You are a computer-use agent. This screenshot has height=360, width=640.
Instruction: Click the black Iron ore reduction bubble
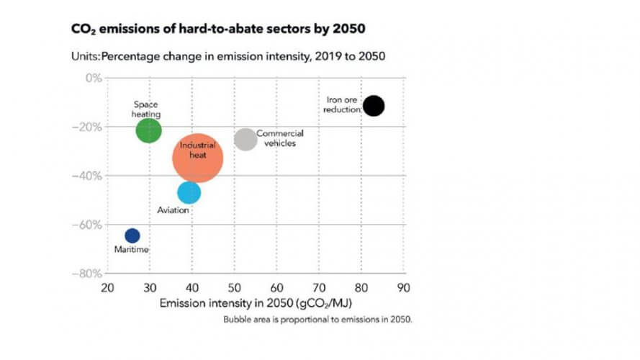tap(374, 106)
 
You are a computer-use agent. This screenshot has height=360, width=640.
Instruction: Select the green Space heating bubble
tap(149, 130)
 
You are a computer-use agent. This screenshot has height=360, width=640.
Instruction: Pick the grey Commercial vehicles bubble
tap(245, 139)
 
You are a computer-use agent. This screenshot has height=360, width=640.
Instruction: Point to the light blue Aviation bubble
tap(189, 192)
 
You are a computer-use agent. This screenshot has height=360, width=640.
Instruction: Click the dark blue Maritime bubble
tap(132, 235)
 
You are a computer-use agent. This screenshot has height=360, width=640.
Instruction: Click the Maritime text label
tap(132, 250)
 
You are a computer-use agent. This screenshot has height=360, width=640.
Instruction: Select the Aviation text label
tap(173, 210)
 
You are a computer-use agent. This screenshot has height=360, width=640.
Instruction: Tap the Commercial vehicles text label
tap(279, 138)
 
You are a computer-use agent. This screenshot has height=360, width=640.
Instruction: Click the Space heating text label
tap(146, 109)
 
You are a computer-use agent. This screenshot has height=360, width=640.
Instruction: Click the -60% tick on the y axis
tap(89, 225)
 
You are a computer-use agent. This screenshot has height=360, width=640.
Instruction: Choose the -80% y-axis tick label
tap(89, 274)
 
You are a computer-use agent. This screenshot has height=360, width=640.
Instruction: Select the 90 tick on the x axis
tap(403, 288)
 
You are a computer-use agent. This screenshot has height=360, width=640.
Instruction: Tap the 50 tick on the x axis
tap(234, 288)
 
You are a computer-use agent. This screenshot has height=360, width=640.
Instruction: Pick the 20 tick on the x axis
tap(107, 288)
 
